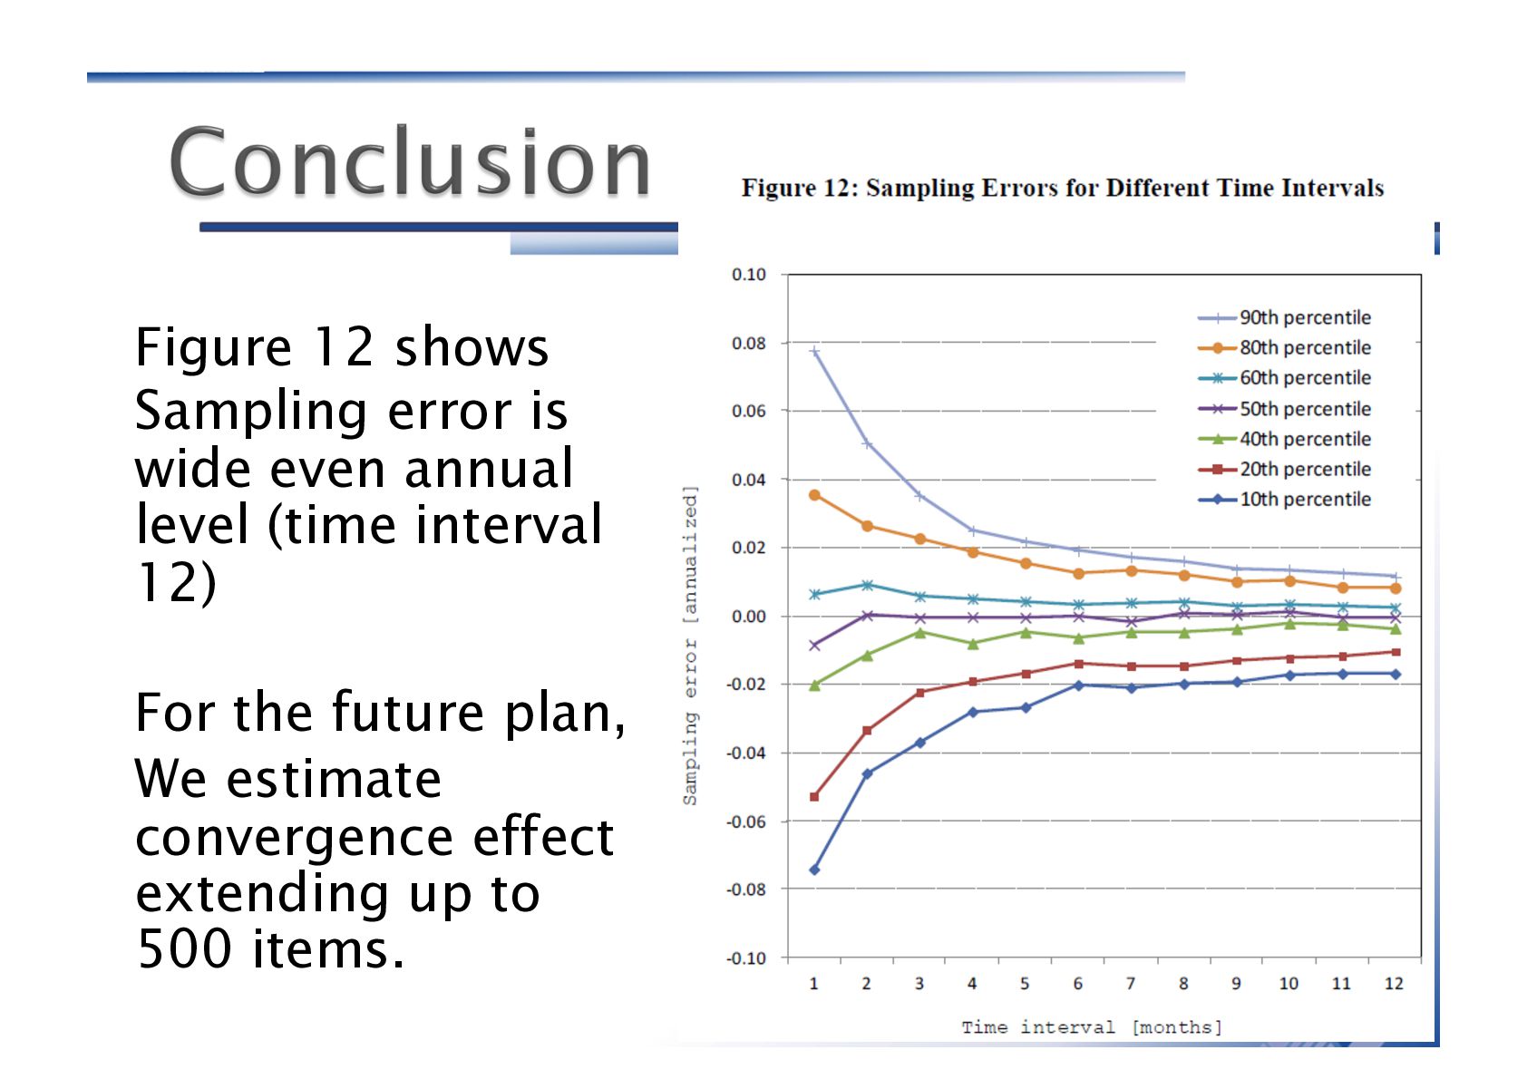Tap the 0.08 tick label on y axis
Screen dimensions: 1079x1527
pos(748,344)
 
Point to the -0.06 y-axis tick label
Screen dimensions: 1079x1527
pos(745,821)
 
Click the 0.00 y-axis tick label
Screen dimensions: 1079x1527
pos(748,617)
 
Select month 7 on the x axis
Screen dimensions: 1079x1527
pos(1130,984)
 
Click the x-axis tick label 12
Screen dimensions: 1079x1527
pos(1394,984)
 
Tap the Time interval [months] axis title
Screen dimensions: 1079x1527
pos(1092,1027)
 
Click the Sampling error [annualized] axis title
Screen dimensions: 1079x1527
pos(691,646)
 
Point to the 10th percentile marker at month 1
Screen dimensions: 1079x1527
pos(814,870)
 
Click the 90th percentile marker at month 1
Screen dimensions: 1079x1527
pos(814,352)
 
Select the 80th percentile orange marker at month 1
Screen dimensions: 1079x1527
pos(814,495)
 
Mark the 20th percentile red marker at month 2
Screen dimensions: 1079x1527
pos(867,730)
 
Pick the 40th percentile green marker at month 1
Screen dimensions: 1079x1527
pos(814,685)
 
